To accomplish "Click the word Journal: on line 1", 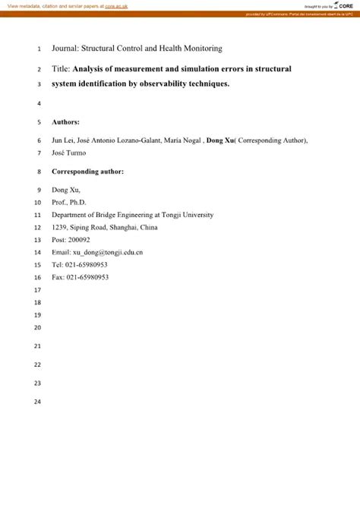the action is [x=67, y=48].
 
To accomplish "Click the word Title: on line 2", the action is [x=62, y=68].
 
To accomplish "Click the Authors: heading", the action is [x=65, y=121].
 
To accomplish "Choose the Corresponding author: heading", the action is [x=87, y=172].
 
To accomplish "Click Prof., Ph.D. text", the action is [x=69, y=203].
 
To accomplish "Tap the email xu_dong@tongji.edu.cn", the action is [x=109, y=252].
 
